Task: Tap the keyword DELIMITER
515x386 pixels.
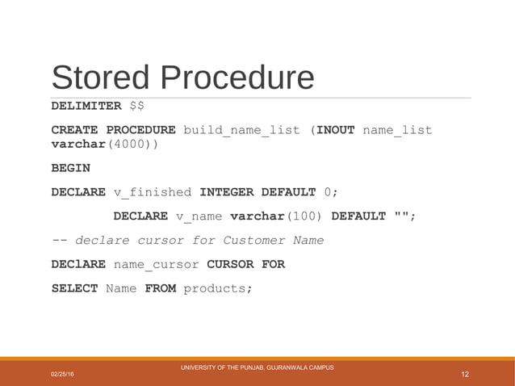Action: (x=86, y=107)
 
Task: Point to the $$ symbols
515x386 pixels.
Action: (x=137, y=107)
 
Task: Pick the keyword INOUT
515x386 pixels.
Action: (x=335, y=130)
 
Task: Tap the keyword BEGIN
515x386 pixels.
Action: (x=70, y=168)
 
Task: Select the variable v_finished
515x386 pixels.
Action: (x=153, y=192)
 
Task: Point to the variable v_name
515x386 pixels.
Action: (x=199, y=216)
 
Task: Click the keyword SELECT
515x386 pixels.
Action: (x=74, y=288)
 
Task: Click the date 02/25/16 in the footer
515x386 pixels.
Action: (x=61, y=375)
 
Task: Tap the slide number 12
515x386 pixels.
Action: (x=464, y=374)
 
